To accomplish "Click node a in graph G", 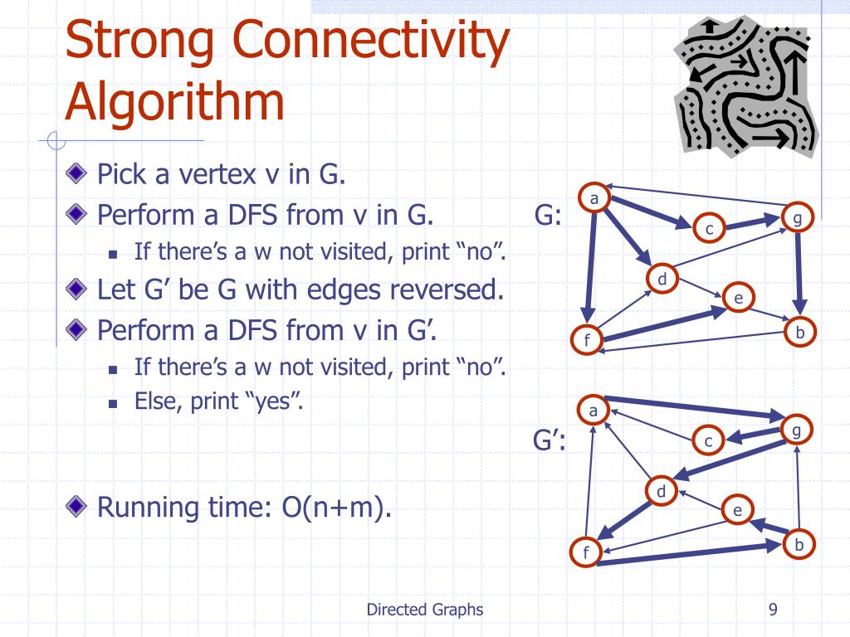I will (594, 197).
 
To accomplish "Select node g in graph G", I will (797, 218).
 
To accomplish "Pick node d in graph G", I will (662, 280).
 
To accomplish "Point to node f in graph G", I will (587, 339).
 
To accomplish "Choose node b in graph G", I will (800, 333).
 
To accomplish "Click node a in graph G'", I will (593, 410).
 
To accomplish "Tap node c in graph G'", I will (709, 441).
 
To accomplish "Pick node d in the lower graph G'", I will (662, 492).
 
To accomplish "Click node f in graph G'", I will (586, 552).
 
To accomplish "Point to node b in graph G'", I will (799, 544).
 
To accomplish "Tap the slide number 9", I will (773, 610).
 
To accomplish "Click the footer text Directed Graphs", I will (424, 610).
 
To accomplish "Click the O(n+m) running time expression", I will (336, 506).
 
